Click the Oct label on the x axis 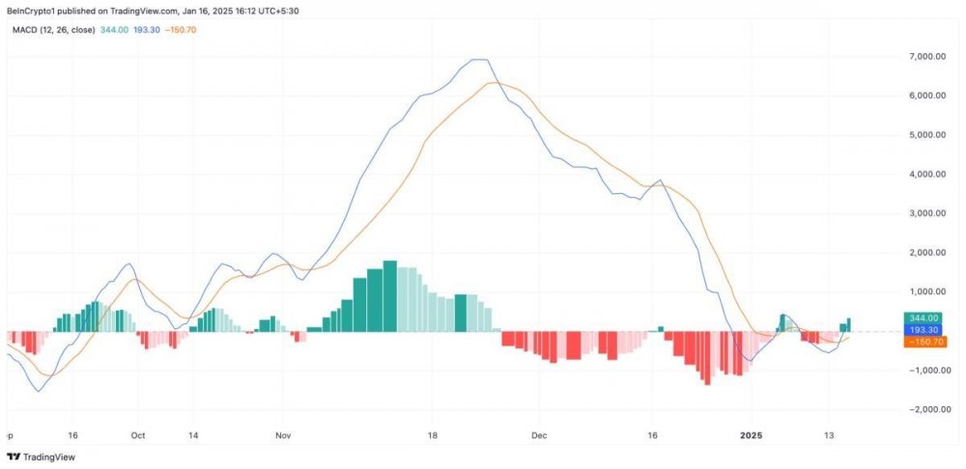pos(137,435)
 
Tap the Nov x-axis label pos(281,435)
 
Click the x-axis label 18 pos(434,435)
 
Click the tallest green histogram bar pos(390,295)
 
